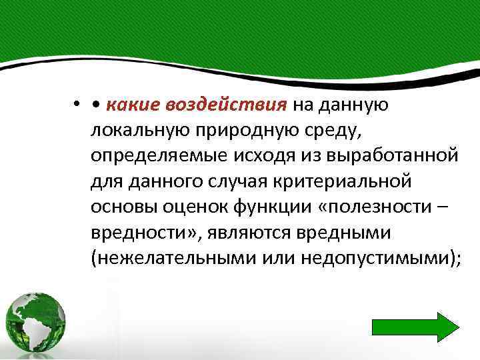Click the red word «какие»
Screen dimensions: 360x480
click(129, 105)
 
